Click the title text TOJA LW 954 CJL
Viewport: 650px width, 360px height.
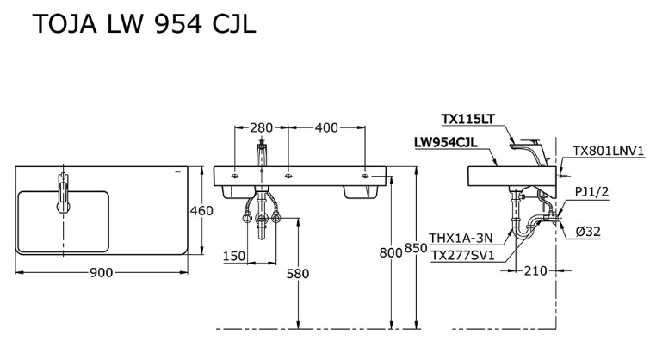click(144, 26)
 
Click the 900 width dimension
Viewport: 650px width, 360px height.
click(102, 273)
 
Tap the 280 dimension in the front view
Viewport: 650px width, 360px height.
click(261, 128)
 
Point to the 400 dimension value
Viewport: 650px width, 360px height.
click(325, 128)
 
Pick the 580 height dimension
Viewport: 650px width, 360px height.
click(298, 273)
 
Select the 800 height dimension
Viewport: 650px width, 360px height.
click(390, 252)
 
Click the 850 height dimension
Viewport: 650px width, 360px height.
click(417, 248)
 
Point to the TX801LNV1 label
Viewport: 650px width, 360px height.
click(609, 150)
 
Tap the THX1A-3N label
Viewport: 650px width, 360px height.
click(461, 239)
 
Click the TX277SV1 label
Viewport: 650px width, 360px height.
click(463, 255)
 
